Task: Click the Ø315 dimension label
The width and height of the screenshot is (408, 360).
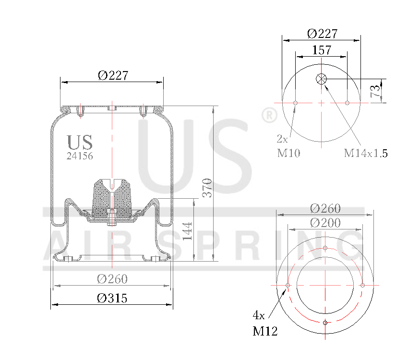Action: click(x=112, y=298)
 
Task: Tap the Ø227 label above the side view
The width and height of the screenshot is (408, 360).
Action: click(x=113, y=75)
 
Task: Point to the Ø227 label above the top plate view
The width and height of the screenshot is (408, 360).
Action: click(x=322, y=34)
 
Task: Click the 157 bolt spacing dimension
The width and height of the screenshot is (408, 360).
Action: click(x=322, y=49)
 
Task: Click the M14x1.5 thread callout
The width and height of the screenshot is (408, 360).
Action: click(x=365, y=154)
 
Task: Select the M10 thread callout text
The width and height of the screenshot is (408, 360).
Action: click(x=288, y=154)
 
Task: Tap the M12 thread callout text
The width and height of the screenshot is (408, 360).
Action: click(x=264, y=331)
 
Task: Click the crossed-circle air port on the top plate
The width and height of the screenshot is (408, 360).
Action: click(x=321, y=79)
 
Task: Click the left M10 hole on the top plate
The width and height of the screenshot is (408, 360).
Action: click(x=296, y=103)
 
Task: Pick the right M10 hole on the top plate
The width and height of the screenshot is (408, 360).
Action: click(x=347, y=103)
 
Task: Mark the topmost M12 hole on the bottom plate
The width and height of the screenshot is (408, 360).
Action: click(x=325, y=248)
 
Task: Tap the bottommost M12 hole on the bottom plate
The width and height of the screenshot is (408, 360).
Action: click(x=325, y=323)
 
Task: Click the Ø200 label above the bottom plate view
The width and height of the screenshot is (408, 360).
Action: click(x=325, y=223)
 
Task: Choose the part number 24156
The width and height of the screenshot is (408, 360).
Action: click(x=79, y=156)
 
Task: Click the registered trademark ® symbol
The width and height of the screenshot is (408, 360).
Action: click(x=269, y=116)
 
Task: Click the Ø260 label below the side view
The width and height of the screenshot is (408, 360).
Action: click(x=112, y=279)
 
